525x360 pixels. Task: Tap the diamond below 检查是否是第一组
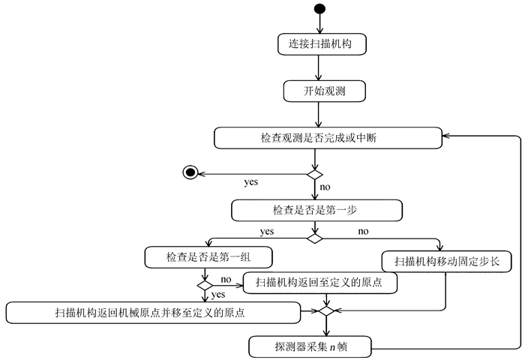coord(205,286)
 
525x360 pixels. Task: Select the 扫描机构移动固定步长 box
coord(447,262)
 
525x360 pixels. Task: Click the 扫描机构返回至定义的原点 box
coord(320,283)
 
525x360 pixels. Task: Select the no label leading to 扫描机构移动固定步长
coord(363,231)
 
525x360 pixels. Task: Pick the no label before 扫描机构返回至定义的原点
coord(225,280)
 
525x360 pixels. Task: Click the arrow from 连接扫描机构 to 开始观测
coord(319,67)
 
